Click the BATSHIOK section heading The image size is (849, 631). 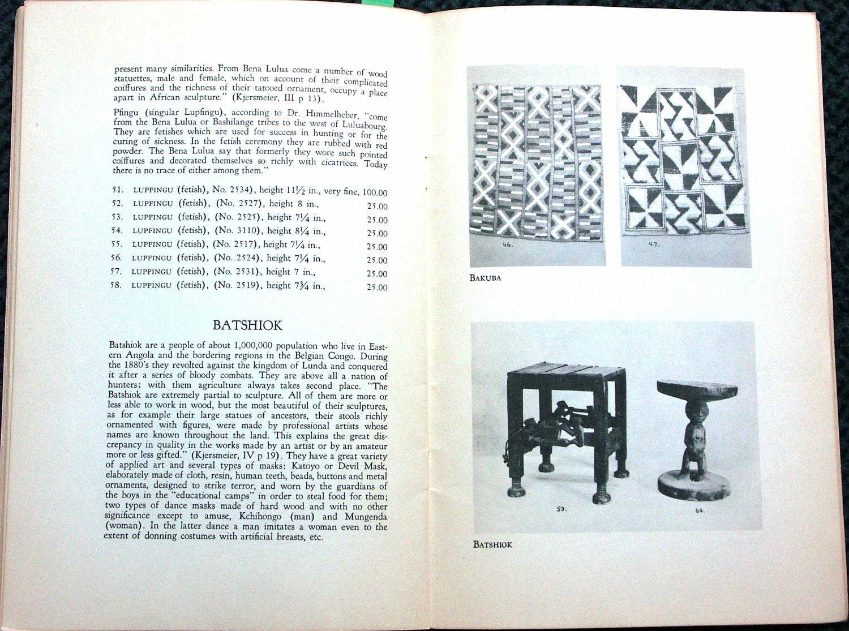click(x=247, y=325)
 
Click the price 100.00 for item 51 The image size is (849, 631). click(x=375, y=192)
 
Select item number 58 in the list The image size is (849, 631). click(x=116, y=285)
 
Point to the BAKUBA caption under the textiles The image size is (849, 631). click(x=485, y=278)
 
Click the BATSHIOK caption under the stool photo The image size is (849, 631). click(x=492, y=544)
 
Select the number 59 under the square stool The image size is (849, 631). click(x=561, y=509)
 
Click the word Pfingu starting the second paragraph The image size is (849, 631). click(x=125, y=113)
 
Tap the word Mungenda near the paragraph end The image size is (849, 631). click(x=364, y=517)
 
